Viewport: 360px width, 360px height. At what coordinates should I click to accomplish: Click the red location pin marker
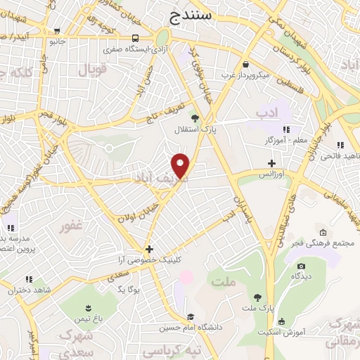(x=181, y=166)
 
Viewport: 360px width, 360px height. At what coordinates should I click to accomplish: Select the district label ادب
(x=267, y=112)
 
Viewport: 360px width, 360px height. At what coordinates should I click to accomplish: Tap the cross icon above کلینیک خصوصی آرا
(x=149, y=249)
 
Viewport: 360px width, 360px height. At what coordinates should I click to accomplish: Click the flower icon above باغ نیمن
(x=87, y=308)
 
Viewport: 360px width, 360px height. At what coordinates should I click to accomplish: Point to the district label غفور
(x=72, y=226)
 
